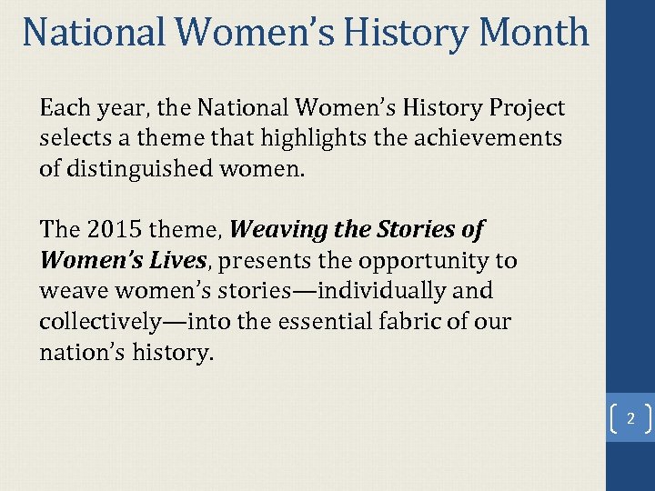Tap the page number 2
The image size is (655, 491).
pos(630,420)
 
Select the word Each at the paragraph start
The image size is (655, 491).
pos(65,108)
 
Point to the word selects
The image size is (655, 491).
pos(72,139)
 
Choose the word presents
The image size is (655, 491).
pos(261,261)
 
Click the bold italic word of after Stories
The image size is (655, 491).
pos(473,230)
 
